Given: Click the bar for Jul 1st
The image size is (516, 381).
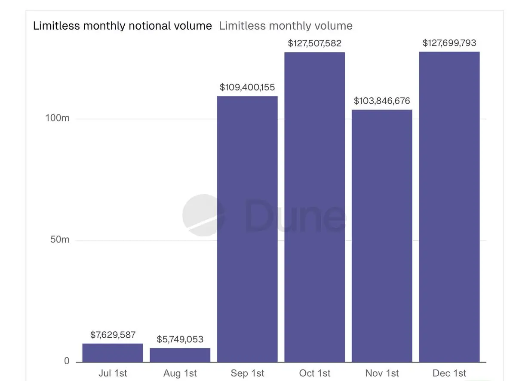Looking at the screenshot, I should tap(113, 353).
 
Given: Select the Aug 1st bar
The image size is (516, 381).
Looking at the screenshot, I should tap(180, 355).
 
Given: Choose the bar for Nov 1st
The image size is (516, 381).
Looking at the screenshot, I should tap(382, 236).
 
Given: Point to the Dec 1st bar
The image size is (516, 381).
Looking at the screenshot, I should tap(449, 206).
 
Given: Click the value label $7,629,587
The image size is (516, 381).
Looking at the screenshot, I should tap(113, 335).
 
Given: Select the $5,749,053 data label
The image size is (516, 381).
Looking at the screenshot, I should tap(180, 339).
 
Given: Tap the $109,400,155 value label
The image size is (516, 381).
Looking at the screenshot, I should tap(247, 88).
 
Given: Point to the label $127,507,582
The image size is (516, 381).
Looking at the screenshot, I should tap(314, 43).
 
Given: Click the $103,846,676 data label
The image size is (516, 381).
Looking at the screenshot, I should tap(382, 101).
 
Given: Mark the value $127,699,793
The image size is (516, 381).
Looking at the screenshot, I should tap(449, 43).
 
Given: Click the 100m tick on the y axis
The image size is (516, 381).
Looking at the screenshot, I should tap(57, 118).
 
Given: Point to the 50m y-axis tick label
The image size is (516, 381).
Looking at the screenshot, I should tap(59, 240).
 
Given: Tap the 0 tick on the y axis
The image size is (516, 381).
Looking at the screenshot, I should tap(67, 361).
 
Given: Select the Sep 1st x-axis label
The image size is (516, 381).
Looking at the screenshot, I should tap(247, 373).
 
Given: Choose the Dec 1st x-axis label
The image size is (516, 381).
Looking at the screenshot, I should tap(449, 373).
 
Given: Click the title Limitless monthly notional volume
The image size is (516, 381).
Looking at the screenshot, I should tap(123, 26).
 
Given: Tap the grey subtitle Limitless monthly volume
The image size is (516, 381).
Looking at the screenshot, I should tap(286, 26).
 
